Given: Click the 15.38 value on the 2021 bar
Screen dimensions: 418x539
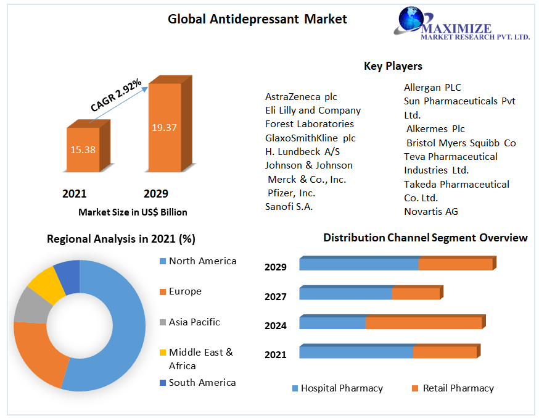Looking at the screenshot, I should (83, 149).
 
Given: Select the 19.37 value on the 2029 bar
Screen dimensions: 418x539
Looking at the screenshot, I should (164, 128).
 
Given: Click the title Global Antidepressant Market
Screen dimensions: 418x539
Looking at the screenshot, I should (257, 19).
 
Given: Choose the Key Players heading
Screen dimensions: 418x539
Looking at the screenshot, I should (393, 66).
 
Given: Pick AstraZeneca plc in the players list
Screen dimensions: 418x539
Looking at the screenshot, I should (301, 97).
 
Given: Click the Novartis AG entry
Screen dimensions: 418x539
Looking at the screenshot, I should (431, 212).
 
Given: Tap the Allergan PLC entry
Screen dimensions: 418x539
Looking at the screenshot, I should (432, 88).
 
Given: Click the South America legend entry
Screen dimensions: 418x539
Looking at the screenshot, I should (202, 383).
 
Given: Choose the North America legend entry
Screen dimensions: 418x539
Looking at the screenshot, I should (202, 261).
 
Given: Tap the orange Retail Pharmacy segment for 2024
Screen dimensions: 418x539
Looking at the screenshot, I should (423, 323).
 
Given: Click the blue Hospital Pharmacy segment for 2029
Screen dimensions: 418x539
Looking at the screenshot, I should (359, 264).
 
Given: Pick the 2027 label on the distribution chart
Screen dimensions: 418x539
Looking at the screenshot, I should (276, 297).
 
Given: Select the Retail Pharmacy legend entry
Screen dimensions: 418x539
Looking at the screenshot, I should (458, 388).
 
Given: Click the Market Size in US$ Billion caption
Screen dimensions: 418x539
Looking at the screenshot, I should (133, 212).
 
